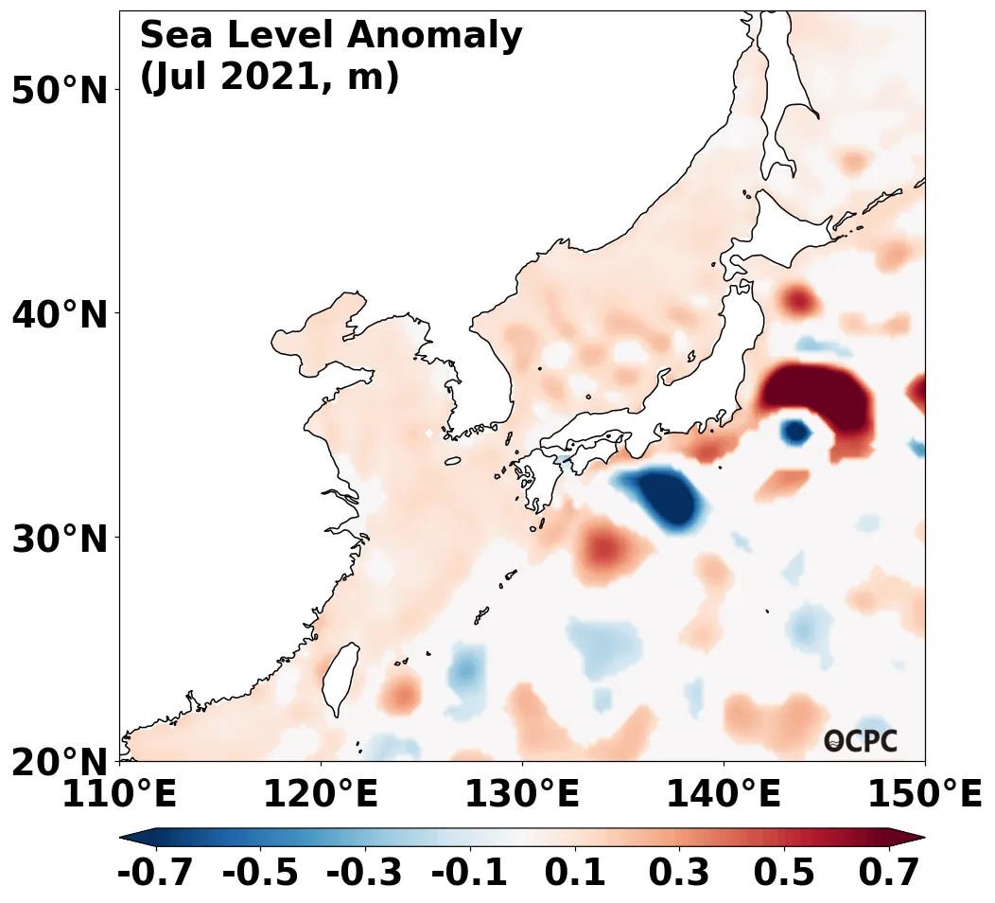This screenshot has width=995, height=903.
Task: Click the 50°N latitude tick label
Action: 59,92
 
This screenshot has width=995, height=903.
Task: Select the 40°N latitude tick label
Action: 59,315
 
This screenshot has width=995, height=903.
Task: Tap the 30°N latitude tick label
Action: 59,540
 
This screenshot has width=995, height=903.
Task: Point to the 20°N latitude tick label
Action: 59,763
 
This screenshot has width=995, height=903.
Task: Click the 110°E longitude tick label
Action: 119,794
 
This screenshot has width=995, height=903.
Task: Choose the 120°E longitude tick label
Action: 321,794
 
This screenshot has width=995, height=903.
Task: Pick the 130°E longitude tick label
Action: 522,794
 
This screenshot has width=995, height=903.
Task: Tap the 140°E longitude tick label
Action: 724,794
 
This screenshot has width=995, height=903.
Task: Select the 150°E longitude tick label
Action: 925,794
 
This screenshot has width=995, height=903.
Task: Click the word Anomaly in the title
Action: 435,36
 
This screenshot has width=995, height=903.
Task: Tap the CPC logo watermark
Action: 861,741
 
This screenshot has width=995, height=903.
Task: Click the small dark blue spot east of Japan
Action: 794,432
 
